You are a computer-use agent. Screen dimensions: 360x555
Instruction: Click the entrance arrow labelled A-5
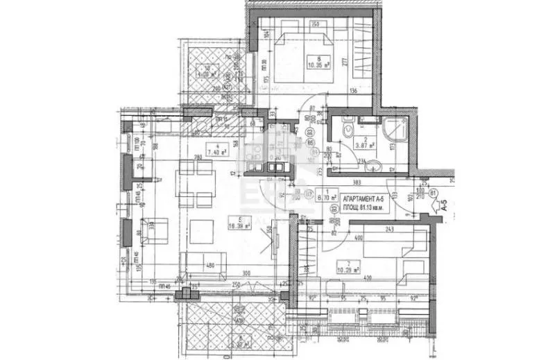click(x=442, y=204)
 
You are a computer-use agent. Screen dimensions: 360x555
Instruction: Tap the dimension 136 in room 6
click(x=352, y=90)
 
